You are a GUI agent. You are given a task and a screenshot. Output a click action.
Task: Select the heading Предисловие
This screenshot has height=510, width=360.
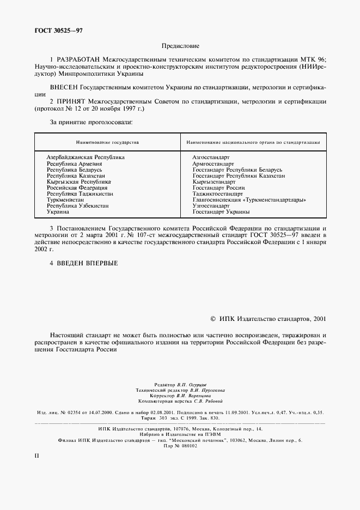[180, 47]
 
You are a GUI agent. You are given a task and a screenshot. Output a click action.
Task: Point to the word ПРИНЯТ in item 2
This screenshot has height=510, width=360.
[72, 101]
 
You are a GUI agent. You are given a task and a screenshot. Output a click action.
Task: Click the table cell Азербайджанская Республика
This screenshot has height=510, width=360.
[86, 157]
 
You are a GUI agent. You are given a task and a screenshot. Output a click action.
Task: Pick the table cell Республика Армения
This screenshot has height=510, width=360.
[74, 163]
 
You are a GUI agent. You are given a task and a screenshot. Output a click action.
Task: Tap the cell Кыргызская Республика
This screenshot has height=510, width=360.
[78, 182]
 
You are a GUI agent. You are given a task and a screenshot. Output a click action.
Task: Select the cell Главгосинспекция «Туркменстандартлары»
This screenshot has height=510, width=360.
[249, 200]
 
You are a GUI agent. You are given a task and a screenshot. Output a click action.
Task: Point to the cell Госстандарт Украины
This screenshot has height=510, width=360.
[221, 212]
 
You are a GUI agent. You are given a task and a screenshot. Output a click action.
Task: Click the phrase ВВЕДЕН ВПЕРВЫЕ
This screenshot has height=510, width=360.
[87, 263]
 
